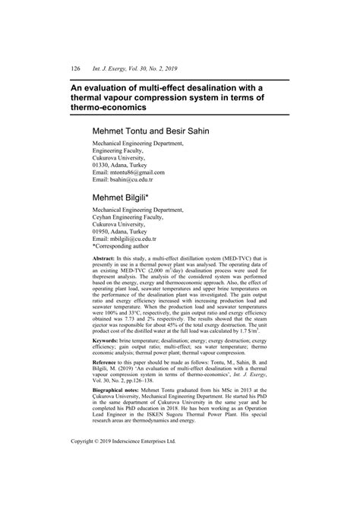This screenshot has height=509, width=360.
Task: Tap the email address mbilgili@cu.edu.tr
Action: pos(145,238)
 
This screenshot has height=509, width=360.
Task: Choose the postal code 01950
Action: pos(103,229)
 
